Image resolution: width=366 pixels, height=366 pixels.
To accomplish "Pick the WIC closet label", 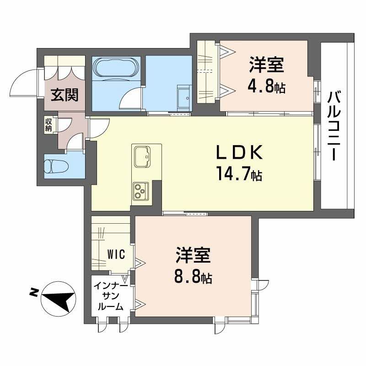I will [117, 254].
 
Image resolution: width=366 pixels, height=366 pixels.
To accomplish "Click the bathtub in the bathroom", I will [116, 68].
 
